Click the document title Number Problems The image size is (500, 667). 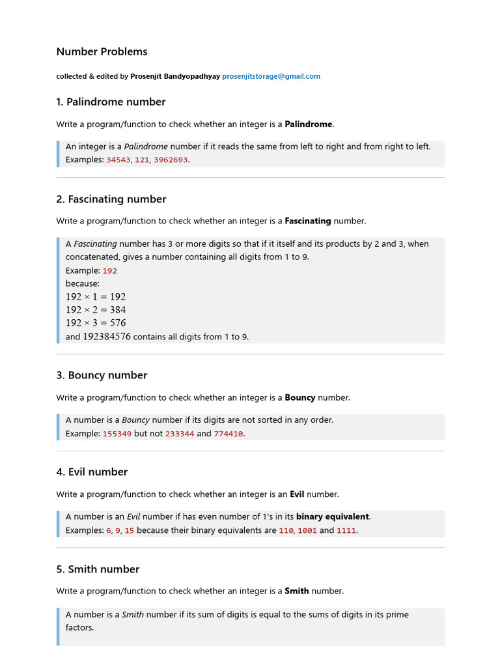coord(102,51)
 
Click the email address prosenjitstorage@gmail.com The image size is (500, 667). coord(271,76)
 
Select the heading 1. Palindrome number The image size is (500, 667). coord(111,102)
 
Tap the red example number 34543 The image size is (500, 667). coord(118,160)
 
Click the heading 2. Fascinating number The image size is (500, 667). coord(111,199)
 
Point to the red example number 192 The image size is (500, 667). coord(110,270)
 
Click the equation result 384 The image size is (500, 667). coord(118,310)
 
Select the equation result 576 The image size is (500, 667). coord(118,323)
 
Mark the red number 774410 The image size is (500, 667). coord(229,434)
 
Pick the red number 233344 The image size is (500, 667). coord(180,434)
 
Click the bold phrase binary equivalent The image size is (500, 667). coord(333,517)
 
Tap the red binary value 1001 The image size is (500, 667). coord(307,531)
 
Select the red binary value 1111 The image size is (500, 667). coord(346,531)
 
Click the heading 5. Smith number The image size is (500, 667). coord(98,569)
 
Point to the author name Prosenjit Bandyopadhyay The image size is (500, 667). coord(175,76)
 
